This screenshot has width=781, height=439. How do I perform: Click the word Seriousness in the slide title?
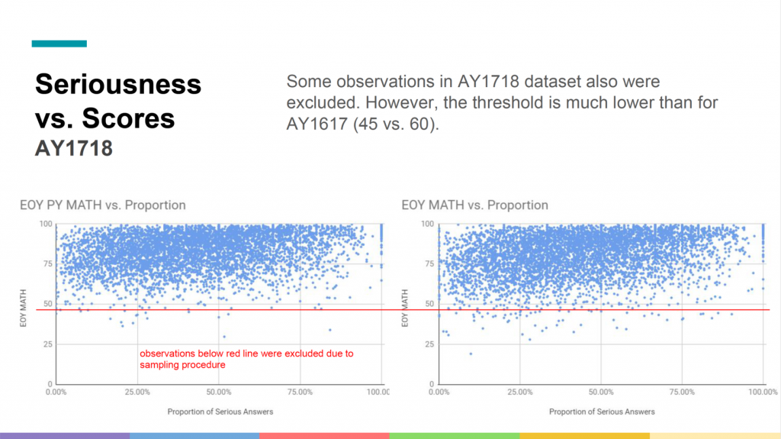pos(118,83)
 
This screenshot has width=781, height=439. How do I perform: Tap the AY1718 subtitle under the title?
pos(74,147)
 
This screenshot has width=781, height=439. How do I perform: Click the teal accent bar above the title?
pos(59,44)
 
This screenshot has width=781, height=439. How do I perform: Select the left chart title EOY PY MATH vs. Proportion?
pos(102,205)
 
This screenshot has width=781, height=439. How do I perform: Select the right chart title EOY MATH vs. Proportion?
pos(474,205)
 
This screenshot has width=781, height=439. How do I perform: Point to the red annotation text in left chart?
pos(246,360)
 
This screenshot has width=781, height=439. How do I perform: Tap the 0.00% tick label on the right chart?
pos(440,392)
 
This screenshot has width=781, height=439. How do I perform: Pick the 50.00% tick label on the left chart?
pos(219,392)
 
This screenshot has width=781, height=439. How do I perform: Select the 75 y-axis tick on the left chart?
pos(48,264)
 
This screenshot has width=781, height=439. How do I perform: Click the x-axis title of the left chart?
pos(220,412)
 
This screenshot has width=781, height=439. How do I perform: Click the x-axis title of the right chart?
pos(602,412)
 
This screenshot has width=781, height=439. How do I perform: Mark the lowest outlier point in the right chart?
pos(471,353)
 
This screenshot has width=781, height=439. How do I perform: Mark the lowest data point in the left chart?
pos(223,337)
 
